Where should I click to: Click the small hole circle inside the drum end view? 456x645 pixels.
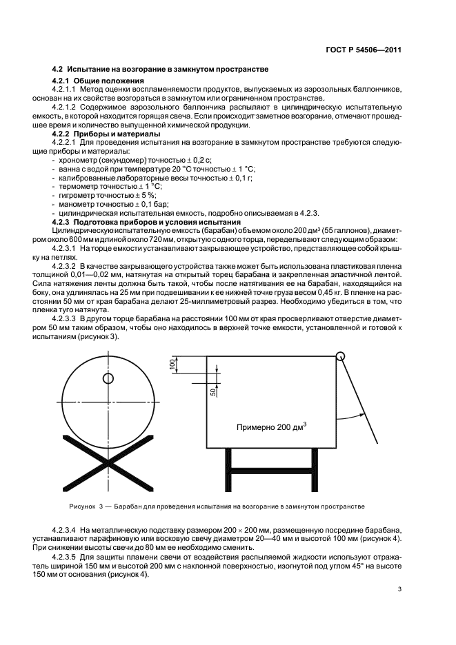[x=108, y=378]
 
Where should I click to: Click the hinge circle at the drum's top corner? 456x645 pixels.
[x=340, y=356]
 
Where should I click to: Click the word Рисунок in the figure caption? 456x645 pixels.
[x=82, y=506]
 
